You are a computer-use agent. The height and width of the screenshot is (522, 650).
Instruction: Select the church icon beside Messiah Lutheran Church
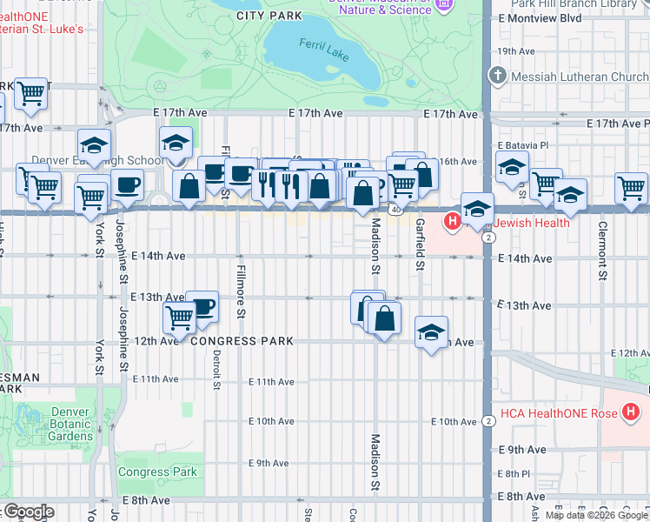click(x=498, y=76)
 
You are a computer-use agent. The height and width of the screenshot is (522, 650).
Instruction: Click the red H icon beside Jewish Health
click(x=451, y=222)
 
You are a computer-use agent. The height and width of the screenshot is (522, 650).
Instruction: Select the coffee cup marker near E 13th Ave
click(x=202, y=307)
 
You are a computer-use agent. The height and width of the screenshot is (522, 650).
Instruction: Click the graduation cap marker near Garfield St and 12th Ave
click(x=431, y=332)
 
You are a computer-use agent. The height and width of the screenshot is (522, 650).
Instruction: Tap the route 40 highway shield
click(x=395, y=210)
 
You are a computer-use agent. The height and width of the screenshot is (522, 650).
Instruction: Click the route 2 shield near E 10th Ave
click(x=489, y=421)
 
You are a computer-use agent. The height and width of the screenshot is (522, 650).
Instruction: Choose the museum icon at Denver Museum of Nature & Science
click(x=445, y=5)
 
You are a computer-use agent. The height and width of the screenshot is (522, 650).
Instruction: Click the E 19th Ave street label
click(x=524, y=51)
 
